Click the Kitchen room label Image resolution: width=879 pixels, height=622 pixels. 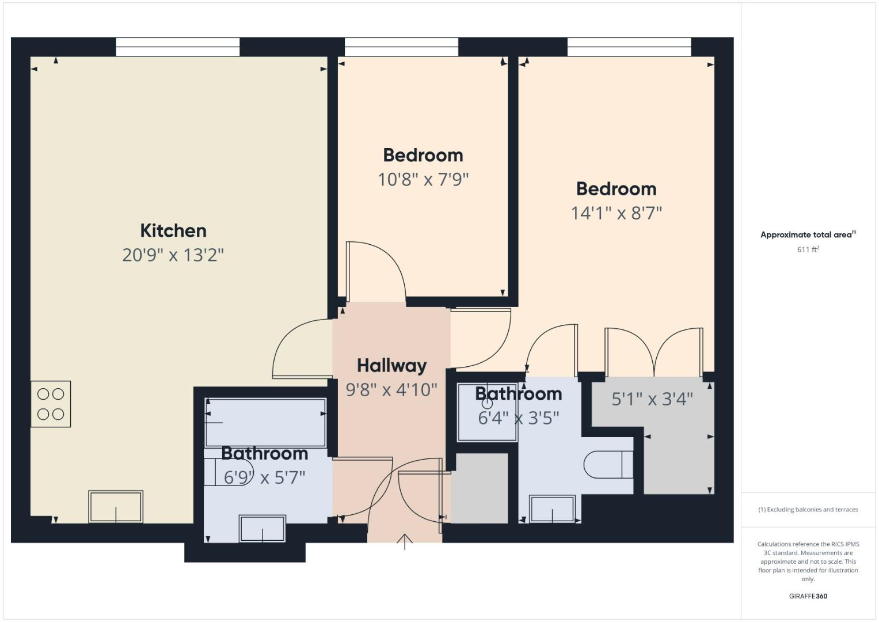coord(173,230)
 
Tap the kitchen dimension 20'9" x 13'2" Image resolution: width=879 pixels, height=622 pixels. coord(173,255)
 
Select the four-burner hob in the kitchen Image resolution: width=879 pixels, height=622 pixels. coord(51,404)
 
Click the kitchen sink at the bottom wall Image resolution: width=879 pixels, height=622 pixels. coord(116,506)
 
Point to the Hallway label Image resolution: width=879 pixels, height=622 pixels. coord(391,365)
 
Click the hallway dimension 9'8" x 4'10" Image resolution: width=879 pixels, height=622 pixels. coord(391,390)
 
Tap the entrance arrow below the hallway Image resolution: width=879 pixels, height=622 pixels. coord(405,541)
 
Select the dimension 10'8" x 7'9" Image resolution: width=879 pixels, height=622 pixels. coord(423,180)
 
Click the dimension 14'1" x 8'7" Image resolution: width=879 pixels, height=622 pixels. coord(616,213)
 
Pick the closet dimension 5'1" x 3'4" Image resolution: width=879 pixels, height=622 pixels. coord(652,399)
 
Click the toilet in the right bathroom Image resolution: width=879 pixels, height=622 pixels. coord(608,465)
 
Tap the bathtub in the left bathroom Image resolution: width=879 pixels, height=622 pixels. coord(265,422)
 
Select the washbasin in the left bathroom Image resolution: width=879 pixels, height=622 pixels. coord(262,528)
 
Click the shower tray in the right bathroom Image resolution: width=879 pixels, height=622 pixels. coord(487,412)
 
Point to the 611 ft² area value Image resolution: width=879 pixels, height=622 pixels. coord(808,249)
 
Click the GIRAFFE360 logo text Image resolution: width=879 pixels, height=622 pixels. coord(808,596)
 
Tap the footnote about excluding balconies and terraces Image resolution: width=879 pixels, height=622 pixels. coord(808,510)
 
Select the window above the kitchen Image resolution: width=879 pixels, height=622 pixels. coord(178,47)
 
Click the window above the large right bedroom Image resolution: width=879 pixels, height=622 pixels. coord(629,47)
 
